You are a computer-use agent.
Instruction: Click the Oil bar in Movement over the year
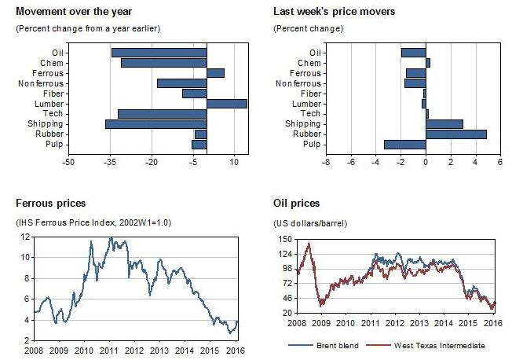(x=159, y=53)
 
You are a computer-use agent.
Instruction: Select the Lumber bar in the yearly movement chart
(x=227, y=104)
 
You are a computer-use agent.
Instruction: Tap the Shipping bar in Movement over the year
(x=155, y=124)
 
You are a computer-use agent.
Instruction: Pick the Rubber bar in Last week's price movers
(x=456, y=134)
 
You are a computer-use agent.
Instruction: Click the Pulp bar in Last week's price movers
(x=404, y=145)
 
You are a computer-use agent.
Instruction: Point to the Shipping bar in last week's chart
(x=444, y=124)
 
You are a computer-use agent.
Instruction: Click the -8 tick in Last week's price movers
(x=325, y=163)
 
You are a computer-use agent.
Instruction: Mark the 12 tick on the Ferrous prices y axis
(x=26, y=237)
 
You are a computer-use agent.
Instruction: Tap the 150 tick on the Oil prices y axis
(x=285, y=238)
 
